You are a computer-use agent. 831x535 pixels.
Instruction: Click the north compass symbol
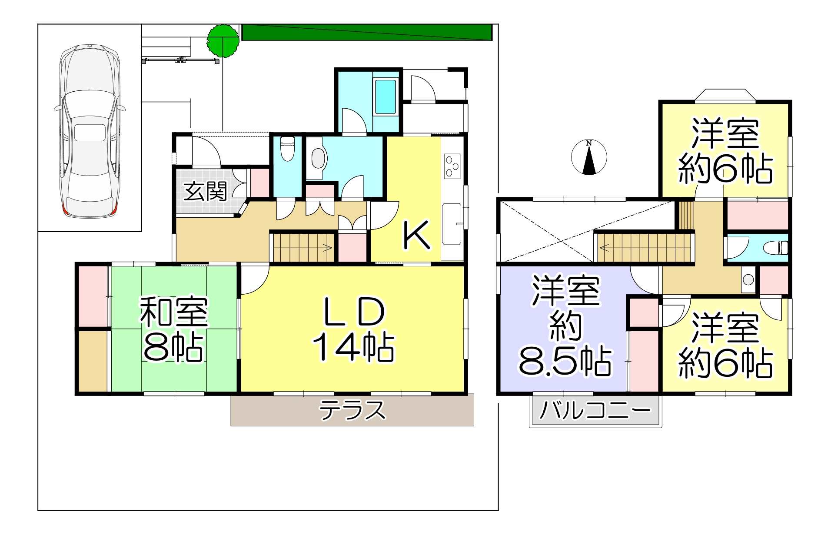coord(589,157)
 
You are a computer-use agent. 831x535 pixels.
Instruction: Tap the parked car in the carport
coord(90,130)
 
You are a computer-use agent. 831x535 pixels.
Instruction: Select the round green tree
coord(223,41)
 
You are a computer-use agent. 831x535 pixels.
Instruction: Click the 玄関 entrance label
coord(205,192)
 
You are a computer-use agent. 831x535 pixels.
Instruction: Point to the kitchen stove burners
coord(452,166)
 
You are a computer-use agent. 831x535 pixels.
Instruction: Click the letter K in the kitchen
coord(417,235)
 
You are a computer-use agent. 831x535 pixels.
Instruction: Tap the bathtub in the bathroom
coord(386,96)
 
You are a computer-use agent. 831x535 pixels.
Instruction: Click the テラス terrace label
coord(352,410)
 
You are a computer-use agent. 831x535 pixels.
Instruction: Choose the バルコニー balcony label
coord(595,410)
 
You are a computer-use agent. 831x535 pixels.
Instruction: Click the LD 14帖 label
coord(354,329)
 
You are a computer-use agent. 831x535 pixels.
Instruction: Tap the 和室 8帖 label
coord(173,329)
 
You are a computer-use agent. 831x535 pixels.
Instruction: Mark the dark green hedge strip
coord(367,32)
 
